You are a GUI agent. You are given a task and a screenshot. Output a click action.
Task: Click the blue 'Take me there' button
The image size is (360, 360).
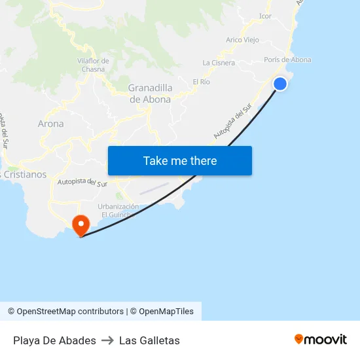coord(180,160)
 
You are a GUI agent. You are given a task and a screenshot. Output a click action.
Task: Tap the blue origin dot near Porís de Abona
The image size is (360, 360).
coord(279,84)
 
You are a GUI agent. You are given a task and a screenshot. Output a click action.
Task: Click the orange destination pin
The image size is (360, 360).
coord(81,226)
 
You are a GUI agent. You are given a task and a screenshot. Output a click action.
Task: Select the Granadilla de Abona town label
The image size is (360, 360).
coord(150,94)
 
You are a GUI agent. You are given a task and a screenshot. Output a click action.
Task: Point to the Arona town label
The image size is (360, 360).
coord(51,124)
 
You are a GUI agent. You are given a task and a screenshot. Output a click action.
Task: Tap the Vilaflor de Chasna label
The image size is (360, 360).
coord(93,65)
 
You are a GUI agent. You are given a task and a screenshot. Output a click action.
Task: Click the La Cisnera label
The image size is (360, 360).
coord(219,63)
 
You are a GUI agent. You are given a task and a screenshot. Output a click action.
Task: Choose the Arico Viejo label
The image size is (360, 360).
coord(242,40)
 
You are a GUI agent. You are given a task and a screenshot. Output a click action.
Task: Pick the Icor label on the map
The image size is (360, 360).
coord(265,16)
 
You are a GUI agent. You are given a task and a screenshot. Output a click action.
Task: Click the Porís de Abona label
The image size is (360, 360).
coord(288,60)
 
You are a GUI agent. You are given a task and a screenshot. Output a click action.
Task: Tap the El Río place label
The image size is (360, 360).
coord(201,82)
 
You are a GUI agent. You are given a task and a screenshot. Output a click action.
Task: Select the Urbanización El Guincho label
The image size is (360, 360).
coord(118,211)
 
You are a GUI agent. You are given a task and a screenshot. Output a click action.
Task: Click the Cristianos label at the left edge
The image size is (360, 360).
coord(24,175)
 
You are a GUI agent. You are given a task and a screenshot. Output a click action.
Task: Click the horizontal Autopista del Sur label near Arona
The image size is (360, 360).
coord(82,184)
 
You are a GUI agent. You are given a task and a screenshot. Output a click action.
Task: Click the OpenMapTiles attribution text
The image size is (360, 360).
coord(166,312)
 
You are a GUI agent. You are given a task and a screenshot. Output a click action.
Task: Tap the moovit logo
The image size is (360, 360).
coord(321,339)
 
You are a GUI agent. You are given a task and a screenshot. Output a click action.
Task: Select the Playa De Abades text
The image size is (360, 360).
coord(54,340)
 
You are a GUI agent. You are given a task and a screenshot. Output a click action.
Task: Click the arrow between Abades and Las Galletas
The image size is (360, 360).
coord(107,340)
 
